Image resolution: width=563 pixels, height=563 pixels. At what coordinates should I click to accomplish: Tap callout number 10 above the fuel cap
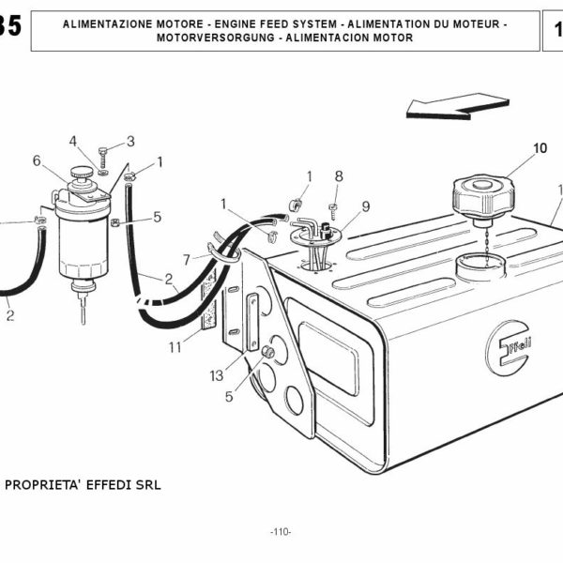coord(540,148)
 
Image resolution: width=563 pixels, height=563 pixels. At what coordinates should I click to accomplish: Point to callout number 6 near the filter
coord(37,160)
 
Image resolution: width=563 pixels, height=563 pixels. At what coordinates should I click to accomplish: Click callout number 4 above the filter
coord(73,142)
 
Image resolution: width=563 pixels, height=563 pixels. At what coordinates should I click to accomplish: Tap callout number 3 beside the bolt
coord(130,142)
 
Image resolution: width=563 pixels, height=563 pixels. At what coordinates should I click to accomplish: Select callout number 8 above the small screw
coord(339,175)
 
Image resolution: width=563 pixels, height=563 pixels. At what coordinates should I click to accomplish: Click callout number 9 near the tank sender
coord(365,206)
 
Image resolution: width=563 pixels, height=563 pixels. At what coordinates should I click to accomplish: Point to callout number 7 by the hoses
coord(187,259)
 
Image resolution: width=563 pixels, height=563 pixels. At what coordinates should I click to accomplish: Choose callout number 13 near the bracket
coord(217,375)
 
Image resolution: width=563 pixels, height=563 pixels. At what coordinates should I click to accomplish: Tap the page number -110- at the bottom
coord(281,532)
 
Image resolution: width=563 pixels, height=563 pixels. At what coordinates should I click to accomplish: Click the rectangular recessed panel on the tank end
coord(328,358)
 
